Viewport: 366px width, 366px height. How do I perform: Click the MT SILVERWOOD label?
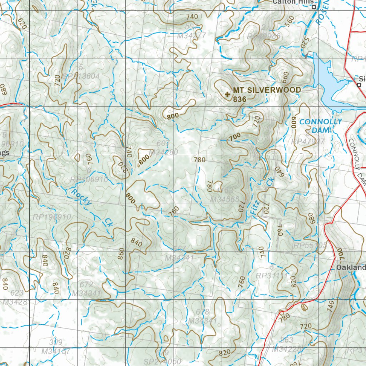click(x=267, y=90)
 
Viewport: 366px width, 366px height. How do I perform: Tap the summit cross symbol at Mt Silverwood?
click(x=227, y=94)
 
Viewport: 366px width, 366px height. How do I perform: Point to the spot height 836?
click(x=239, y=99)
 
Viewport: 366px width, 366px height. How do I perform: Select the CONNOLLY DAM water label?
click(x=320, y=126)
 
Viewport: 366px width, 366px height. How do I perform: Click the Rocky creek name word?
click(x=81, y=197)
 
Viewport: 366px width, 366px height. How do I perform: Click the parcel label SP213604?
click(x=80, y=76)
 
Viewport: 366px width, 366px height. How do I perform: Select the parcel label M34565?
click(x=225, y=199)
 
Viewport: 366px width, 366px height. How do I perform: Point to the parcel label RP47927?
click(x=308, y=142)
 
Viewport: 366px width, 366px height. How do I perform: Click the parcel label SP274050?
click(x=163, y=361)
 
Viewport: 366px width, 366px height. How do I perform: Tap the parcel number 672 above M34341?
click(x=86, y=285)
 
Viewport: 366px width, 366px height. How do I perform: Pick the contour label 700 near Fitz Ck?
click(x=235, y=137)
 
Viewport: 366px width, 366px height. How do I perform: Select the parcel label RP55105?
click(x=310, y=246)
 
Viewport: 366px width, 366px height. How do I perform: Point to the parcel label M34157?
click(x=56, y=351)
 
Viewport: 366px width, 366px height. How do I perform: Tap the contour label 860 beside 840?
click(x=121, y=253)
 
